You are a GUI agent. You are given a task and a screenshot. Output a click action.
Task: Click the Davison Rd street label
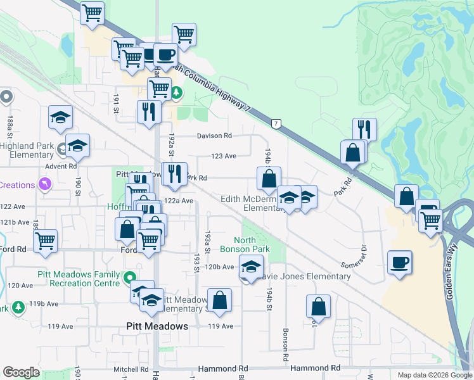(x=214, y=136)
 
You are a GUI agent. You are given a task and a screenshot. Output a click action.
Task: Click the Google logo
(x=21, y=372)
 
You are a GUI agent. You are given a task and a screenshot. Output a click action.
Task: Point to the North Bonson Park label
(x=252, y=244)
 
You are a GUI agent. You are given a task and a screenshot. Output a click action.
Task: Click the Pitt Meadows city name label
(x=154, y=326)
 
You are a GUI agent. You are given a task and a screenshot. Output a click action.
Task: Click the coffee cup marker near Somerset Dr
(x=400, y=262)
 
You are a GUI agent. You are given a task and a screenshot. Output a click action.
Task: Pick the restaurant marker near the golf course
(x=364, y=129)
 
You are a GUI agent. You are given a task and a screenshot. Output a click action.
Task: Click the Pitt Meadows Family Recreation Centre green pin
(x=130, y=277)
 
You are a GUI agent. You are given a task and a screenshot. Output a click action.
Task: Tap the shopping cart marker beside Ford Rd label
(x=46, y=241)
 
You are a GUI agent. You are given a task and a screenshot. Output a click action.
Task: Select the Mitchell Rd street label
(x=131, y=369)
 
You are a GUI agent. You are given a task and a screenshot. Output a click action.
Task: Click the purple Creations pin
(x=44, y=184)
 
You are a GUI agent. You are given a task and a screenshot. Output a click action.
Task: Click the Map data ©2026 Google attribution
(x=434, y=375)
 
